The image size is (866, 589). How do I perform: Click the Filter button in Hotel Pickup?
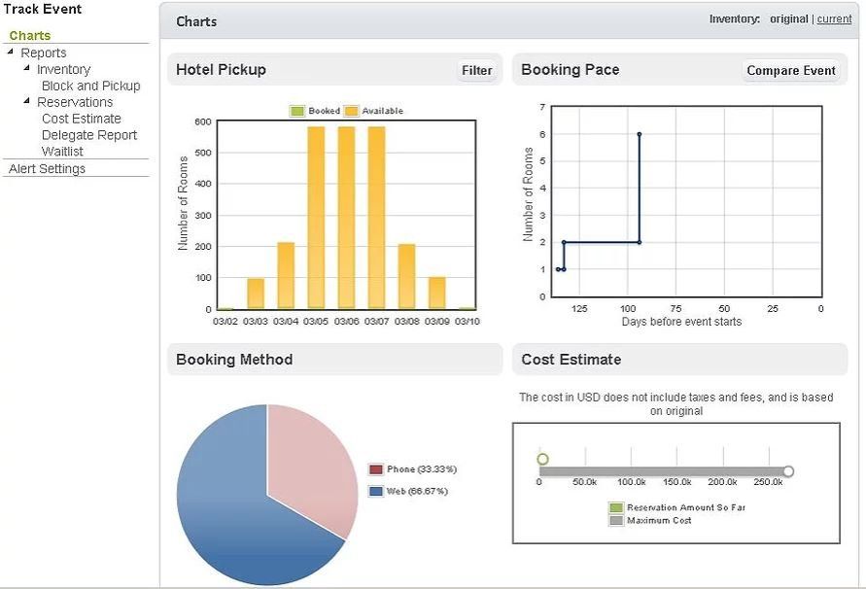pos(476,70)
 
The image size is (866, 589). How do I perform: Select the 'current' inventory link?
pos(834,19)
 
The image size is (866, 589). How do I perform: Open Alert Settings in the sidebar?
pos(47,169)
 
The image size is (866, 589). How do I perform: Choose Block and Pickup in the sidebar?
pos(90,86)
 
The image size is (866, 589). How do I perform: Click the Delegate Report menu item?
pos(89,135)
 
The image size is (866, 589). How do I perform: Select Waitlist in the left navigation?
pos(62,152)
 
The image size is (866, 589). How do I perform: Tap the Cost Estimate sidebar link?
pos(82,119)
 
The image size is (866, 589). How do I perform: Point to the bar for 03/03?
pos(256,294)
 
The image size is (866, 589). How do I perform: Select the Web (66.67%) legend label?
pos(416,492)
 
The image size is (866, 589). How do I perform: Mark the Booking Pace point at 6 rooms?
pos(639,134)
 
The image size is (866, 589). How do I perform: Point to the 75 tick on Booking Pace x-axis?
pos(675,309)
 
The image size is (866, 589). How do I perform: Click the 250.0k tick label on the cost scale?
pos(769,482)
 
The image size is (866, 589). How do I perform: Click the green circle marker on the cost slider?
pos(542,459)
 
